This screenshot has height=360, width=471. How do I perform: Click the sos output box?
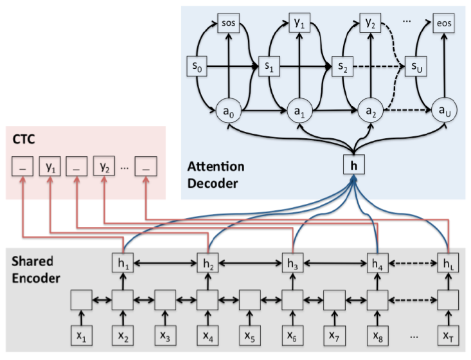[x=229, y=25]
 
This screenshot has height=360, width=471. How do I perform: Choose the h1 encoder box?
[x=123, y=263]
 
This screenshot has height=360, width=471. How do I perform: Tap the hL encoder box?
[x=447, y=263]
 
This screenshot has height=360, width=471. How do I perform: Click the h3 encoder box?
[x=292, y=263]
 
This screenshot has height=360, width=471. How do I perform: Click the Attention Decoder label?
[x=215, y=175]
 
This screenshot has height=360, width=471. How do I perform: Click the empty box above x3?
[x=165, y=300]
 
